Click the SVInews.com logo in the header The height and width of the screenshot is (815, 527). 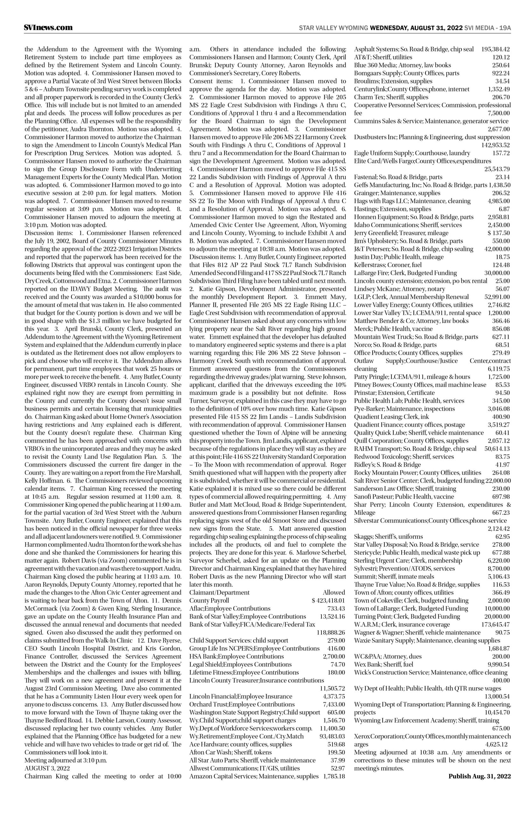(48, 28)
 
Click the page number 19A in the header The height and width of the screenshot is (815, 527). (505, 28)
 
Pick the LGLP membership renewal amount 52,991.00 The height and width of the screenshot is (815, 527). (497, 296)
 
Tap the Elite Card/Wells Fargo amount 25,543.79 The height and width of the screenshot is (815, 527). (497, 169)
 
